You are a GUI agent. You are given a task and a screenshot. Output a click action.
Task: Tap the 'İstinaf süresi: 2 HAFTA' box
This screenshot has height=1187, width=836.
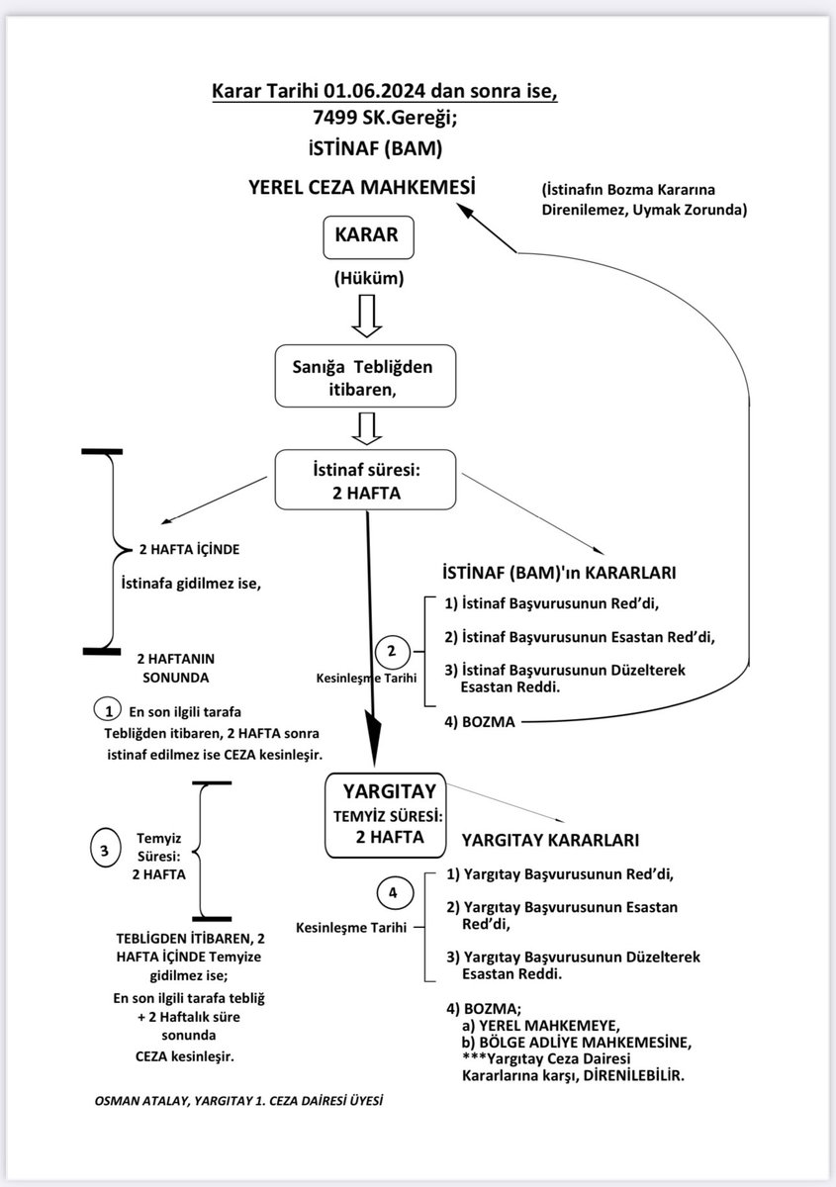pyautogui.click(x=367, y=479)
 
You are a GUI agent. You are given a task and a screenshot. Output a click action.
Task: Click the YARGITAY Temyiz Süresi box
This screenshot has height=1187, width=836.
pyautogui.click(x=388, y=813)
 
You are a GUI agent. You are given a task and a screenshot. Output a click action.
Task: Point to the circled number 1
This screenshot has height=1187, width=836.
pyautogui.click(x=105, y=710)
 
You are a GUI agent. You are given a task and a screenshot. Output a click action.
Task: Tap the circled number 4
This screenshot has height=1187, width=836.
pyautogui.click(x=393, y=892)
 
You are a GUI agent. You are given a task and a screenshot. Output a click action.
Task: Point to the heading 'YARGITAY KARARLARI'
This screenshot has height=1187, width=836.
pyautogui.click(x=549, y=840)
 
